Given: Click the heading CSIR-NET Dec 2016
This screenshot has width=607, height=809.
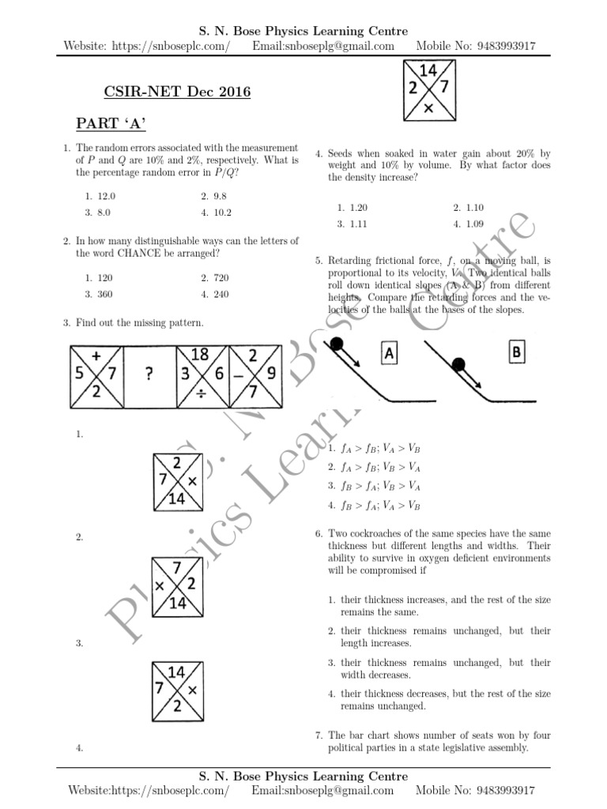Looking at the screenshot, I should click(x=177, y=92).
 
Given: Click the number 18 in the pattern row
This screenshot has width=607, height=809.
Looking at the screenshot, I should click(x=200, y=356).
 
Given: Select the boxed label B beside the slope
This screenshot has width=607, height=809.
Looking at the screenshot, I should click(x=517, y=352).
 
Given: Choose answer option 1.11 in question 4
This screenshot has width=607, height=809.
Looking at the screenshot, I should click(x=356, y=224).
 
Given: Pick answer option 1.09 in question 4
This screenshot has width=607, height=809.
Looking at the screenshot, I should click(x=473, y=224).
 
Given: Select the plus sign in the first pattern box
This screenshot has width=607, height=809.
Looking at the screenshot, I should click(x=96, y=356).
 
